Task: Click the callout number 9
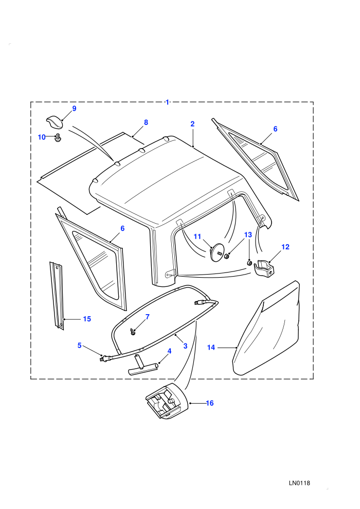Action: pyautogui.click(x=74, y=108)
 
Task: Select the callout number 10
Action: pyautogui.click(x=42, y=137)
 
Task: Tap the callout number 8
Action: pyautogui.click(x=146, y=122)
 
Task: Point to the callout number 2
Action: pyautogui.click(x=192, y=124)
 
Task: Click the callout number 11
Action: pyautogui.click(x=197, y=237)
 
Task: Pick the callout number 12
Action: pyautogui.click(x=285, y=247)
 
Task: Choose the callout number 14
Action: pyautogui.click(x=211, y=348)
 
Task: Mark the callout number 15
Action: pyautogui.click(x=87, y=319)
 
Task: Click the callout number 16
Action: pyautogui.click(x=210, y=403)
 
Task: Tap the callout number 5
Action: pyautogui.click(x=80, y=346)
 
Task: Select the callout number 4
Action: pyautogui.click(x=169, y=351)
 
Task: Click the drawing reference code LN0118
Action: pyautogui.click(x=299, y=483)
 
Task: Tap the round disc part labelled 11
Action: pyautogui.click(x=218, y=252)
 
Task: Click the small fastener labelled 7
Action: pyautogui.click(x=133, y=332)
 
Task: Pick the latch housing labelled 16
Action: pyautogui.click(x=168, y=401)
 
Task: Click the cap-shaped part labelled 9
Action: pyautogui.click(x=54, y=122)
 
